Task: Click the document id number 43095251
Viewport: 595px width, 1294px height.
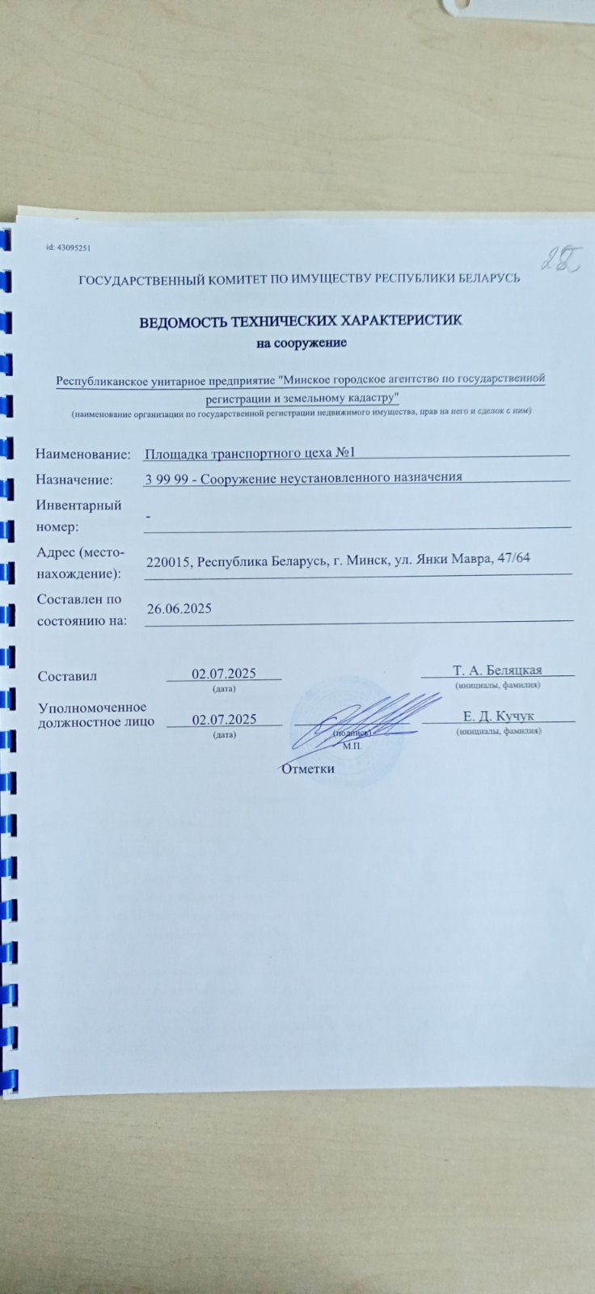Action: coord(74,247)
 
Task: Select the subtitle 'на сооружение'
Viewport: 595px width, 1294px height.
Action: coord(302,343)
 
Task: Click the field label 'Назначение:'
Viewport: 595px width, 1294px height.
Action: coord(74,480)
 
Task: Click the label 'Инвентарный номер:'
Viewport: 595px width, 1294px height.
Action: coord(78,516)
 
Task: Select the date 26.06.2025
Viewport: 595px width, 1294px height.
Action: coord(179,608)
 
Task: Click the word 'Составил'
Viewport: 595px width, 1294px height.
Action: coord(67,676)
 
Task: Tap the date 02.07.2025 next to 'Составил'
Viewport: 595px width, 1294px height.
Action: coord(224,674)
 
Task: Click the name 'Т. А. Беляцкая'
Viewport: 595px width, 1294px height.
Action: coord(497,670)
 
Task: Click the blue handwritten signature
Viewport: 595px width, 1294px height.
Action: coord(368,712)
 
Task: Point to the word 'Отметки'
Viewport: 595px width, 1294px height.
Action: coord(307,768)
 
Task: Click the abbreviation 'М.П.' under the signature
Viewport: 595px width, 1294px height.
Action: coord(352,746)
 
